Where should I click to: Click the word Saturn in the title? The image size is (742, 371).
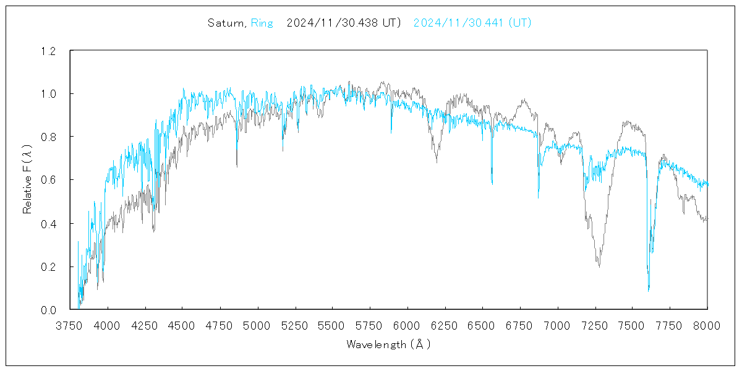227,23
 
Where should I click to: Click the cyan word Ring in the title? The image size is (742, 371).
261,23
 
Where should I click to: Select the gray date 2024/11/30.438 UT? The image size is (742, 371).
344,23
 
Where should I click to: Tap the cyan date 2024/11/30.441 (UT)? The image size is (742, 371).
472,23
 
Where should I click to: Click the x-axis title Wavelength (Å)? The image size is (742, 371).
388,344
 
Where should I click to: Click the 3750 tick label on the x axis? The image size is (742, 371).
70,325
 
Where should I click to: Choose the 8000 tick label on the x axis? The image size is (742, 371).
707,325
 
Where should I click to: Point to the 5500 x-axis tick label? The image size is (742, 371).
333,325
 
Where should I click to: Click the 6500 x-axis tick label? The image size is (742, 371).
482,325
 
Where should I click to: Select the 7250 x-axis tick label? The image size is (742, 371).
595,325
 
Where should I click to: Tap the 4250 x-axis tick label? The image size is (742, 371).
145,325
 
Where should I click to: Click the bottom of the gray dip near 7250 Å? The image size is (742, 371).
599,266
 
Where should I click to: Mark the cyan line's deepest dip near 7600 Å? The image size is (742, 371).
649,290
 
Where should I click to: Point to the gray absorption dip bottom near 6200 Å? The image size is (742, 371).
437,162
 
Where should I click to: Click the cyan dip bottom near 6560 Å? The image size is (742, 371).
492,184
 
